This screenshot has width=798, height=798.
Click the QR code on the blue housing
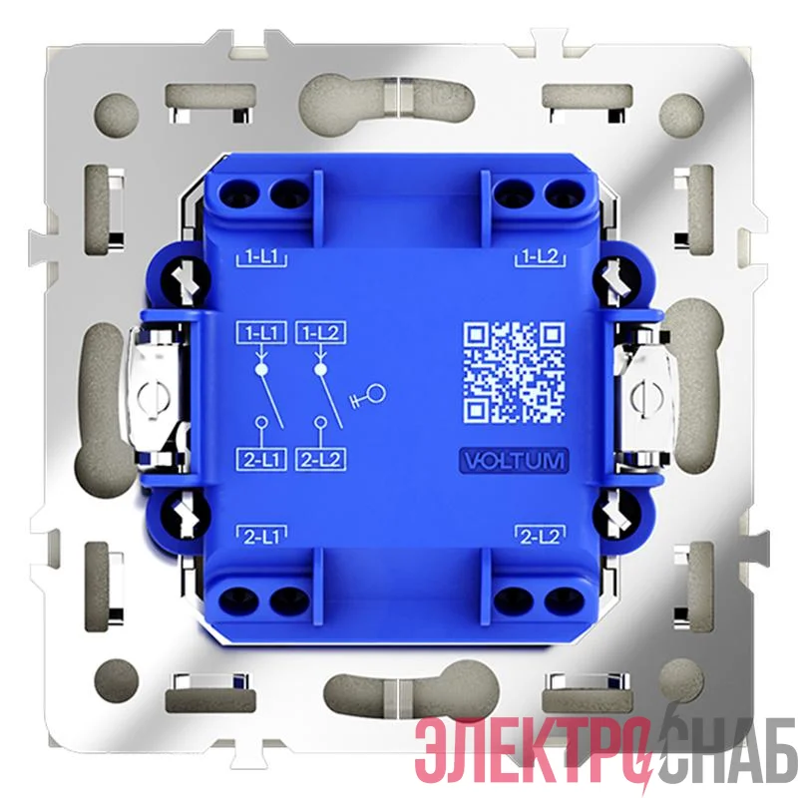514,372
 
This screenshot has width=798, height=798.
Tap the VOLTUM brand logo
514,461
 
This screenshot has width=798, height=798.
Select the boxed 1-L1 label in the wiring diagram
261,333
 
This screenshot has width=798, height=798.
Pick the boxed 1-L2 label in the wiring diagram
320,333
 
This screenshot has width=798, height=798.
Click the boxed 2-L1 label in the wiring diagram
261,460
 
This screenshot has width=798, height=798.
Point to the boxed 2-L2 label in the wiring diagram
320,460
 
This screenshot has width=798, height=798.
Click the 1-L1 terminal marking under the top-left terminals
261,257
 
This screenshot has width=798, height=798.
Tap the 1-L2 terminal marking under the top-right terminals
541,257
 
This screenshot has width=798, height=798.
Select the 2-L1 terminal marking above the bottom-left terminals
261,537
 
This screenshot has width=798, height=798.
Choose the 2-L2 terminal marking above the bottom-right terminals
541,537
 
